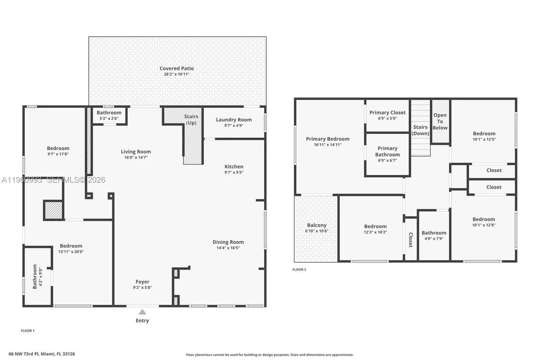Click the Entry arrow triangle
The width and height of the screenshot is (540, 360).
142,312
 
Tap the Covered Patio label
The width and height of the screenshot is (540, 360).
176,68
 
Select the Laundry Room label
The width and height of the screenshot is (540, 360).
234,120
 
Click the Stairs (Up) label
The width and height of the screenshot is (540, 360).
191,120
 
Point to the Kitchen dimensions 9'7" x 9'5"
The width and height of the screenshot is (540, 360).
234,172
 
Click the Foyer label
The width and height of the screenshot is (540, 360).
142,282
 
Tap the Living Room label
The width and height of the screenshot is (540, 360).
135,152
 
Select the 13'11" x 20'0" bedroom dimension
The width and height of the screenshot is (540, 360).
71,252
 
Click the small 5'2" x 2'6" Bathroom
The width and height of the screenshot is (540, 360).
109,116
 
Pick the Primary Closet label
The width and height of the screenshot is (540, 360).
387,112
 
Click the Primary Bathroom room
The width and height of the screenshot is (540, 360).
387,154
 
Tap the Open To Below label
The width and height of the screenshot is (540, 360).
440,121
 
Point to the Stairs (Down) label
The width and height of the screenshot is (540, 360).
421,130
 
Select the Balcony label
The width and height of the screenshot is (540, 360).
317,225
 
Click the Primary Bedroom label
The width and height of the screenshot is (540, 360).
328,139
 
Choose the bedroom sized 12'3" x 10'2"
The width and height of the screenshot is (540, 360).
375,229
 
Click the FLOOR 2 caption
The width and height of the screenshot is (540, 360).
299,270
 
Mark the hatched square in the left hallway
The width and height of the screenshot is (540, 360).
53,210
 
